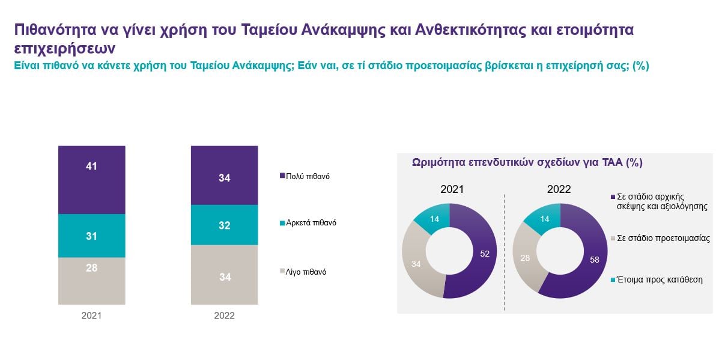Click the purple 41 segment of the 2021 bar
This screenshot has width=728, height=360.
92,180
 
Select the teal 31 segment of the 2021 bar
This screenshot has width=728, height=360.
92,236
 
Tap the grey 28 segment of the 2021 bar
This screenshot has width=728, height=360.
92,281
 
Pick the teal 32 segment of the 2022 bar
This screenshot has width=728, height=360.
225,225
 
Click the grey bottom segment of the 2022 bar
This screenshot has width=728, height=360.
225,275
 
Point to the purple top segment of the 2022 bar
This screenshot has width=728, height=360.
225,175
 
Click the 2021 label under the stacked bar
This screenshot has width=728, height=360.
91,316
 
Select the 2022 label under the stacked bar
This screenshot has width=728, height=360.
224,316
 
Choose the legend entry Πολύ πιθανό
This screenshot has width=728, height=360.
305,176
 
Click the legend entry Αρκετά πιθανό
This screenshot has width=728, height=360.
308,223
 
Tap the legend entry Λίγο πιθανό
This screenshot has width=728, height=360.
303,272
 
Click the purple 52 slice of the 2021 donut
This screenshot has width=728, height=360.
484,254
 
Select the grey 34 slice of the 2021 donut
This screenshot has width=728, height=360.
417,263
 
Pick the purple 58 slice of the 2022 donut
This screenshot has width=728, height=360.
593,260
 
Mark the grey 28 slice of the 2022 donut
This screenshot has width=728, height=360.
525,258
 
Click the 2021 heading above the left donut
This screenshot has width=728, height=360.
452,189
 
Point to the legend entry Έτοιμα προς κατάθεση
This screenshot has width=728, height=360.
657,279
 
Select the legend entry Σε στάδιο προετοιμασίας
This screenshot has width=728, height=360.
660,238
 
